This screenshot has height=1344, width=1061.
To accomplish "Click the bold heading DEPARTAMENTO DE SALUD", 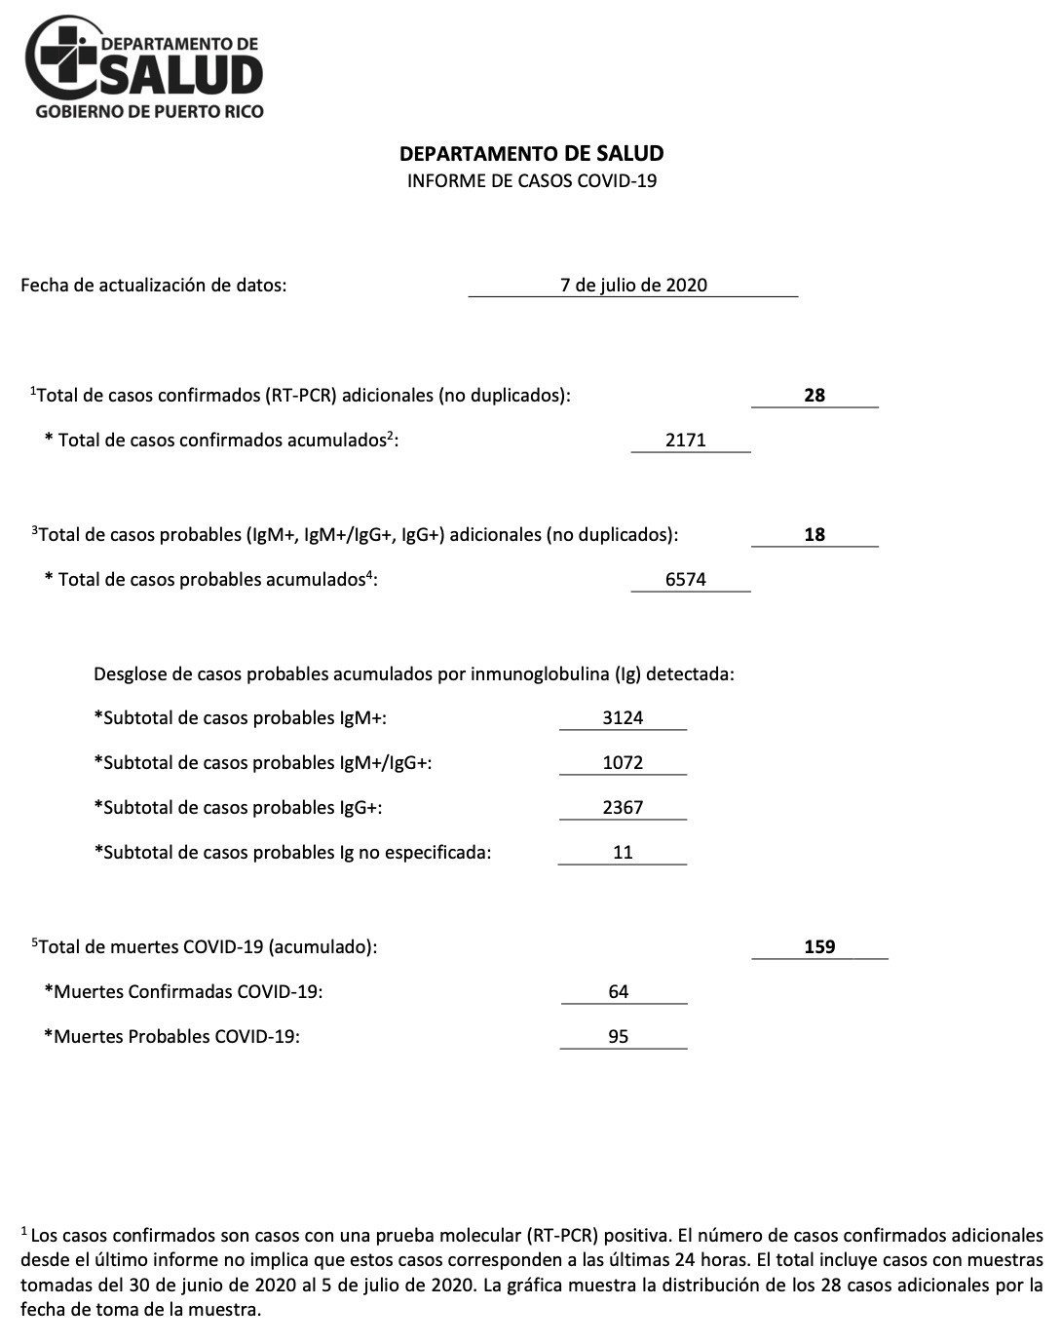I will (531, 153).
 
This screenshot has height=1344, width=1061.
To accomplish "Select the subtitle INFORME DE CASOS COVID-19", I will (531, 180).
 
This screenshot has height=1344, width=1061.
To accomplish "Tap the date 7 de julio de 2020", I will (633, 285).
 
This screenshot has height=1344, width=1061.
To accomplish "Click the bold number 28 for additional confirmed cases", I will (815, 395).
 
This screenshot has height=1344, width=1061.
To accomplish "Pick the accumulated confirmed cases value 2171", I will (686, 440).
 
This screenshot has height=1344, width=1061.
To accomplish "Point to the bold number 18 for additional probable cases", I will (815, 534).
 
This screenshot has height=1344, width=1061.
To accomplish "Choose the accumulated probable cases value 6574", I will (686, 579).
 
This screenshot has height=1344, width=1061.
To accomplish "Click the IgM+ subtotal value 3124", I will (623, 717).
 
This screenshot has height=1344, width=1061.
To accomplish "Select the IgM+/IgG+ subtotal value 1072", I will (623, 762).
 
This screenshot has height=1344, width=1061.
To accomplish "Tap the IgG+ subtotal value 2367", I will (623, 807).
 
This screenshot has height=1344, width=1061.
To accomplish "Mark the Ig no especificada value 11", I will (623, 852).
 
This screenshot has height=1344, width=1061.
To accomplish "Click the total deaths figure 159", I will (819, 946).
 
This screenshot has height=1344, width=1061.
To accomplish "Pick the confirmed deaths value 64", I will (619, 991).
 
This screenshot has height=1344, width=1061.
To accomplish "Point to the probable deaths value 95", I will (619, 1036).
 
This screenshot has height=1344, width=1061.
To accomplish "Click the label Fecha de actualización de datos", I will (154, 285).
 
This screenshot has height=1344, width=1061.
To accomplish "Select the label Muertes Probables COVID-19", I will (171, 1036).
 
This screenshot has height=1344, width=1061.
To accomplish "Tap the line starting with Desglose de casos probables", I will (413, 673).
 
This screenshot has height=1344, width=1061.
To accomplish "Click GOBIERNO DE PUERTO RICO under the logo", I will (149, 111).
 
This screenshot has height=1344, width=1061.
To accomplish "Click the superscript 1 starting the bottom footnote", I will (24, 1233).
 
